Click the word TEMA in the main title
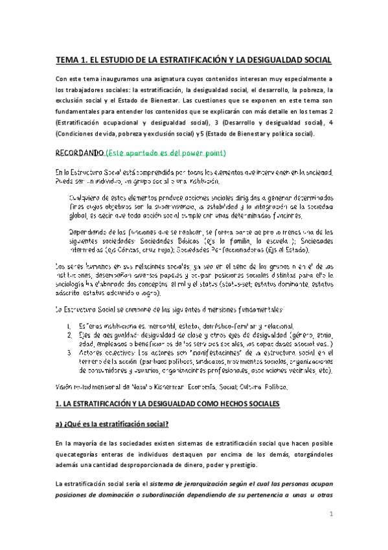click(67, 60)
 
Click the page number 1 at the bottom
click(330, 514)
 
